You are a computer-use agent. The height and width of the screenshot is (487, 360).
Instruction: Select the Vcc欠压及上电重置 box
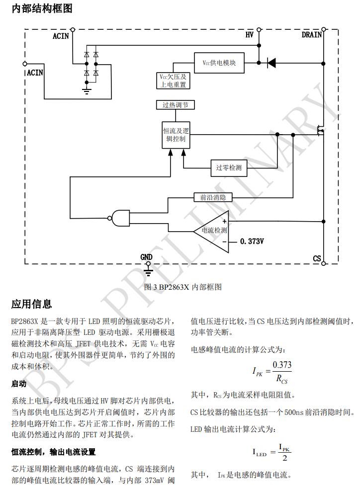pos(173,81)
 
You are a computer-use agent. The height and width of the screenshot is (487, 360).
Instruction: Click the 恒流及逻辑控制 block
pos(176,135)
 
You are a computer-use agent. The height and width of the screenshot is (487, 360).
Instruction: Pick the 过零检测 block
pos(228,168)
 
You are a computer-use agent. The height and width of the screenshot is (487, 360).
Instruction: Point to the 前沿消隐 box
pos(213,197)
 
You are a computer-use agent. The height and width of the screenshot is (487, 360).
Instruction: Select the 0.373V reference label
pos(252,242)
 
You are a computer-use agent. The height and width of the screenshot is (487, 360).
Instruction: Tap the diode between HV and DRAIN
pos(271,63)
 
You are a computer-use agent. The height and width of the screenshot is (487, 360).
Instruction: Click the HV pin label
pos(250,35)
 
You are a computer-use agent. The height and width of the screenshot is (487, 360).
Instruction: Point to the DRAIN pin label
pos(311,35)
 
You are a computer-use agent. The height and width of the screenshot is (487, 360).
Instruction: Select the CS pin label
pos(317,258)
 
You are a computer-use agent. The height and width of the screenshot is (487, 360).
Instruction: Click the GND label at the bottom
pos(146,257)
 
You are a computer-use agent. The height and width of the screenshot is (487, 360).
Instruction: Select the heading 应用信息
pos(31,304)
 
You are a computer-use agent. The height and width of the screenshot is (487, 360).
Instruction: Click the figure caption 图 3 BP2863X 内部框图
pos(182,287)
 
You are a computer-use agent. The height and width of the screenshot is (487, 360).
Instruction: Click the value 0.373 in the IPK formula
pos(282,365)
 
